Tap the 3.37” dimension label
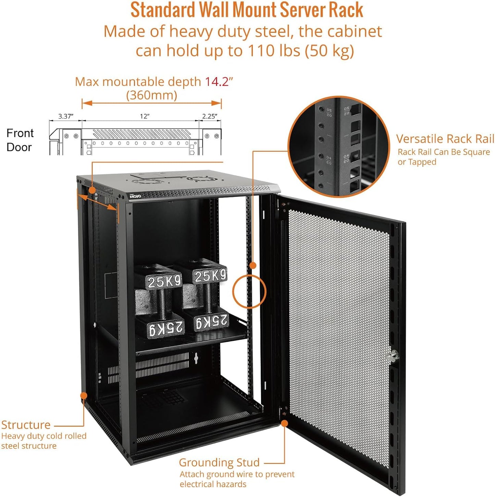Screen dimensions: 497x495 (x=65, y=116)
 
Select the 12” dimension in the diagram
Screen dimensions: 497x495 (x=145, y=116)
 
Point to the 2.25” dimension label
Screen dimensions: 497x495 (x=209, y=116)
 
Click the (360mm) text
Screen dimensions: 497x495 (x=151, y=95)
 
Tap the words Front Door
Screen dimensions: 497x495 (x=20, y=140)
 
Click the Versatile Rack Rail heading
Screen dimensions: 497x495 (x=445, y=139)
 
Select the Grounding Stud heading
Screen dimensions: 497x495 (x=219, y=462)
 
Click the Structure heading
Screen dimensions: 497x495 (x=26, y=425)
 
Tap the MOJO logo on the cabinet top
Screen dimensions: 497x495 (x=135, y=196)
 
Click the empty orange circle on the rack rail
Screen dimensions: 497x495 (x=249, y=292)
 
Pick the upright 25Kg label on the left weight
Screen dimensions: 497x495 (x=164, y=282)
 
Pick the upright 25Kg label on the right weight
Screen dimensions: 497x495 (x=210, y=275)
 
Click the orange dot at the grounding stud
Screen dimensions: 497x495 (x=284, y=423)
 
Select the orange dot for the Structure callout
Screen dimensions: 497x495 (x=84, y=395)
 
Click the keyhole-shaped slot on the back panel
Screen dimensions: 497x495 (x=196, y=358)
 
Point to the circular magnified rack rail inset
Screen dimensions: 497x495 (x=338, y=147)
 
